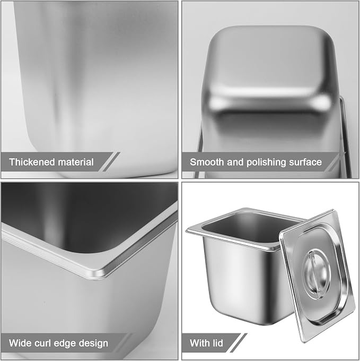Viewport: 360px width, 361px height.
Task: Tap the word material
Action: coord(76,162)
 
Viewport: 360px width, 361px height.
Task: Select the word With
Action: coord(199,343)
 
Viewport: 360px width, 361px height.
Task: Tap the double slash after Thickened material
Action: coord(109,161)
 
